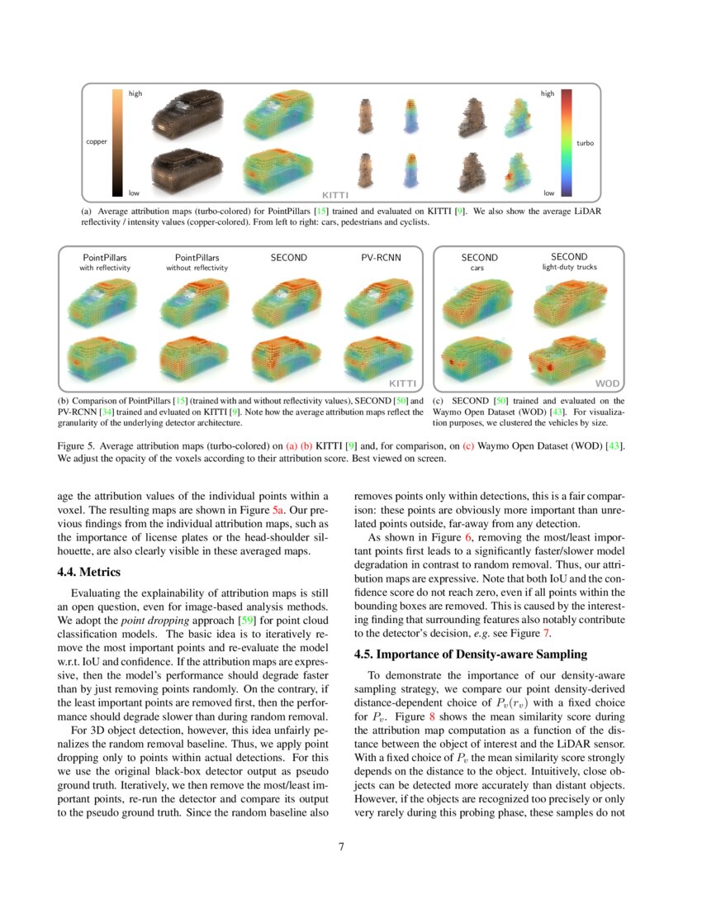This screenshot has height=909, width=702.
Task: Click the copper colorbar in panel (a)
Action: [117, 142]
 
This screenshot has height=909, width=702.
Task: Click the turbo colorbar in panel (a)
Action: [567, 142]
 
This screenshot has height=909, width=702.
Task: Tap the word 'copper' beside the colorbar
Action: [97, 142]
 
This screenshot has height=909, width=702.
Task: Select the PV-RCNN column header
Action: [381, 258]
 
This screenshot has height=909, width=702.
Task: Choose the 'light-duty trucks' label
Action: [569, 267]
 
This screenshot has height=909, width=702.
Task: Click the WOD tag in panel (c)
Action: [606, 383]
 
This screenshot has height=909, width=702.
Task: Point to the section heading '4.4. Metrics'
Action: [89, 572]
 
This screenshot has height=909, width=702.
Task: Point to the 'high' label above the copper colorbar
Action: [135, 94]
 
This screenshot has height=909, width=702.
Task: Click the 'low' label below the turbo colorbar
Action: [548, 193]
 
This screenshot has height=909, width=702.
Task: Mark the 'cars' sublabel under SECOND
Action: [477, 268]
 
